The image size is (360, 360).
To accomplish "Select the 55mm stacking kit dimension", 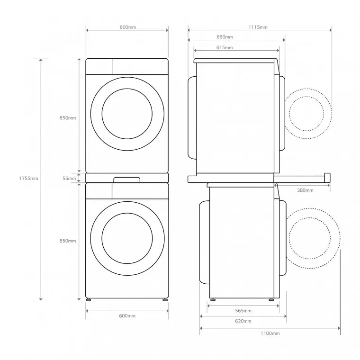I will [69, 178].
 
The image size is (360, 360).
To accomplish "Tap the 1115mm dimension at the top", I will [258, 27].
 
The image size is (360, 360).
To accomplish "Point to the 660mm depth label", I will [225, 37].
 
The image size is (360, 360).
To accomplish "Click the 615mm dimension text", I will [225, 47].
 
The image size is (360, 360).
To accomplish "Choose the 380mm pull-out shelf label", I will [305, 190].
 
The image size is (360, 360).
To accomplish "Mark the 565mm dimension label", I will [243, 311].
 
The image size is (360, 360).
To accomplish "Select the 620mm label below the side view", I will [243, 321].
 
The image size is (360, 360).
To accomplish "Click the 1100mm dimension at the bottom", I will [270, 333].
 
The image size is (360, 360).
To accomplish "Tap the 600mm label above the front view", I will [127, 27].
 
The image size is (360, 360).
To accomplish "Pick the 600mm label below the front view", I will [127, 315].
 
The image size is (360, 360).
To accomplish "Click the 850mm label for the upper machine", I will [68, 117].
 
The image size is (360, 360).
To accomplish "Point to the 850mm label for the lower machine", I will [68, 241].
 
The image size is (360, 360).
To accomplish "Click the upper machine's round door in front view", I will [127, 114].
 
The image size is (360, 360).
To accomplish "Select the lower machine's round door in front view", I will [127, 238].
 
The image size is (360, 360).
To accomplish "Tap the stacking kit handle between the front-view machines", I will [127, 179].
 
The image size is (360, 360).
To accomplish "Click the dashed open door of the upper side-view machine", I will [308, 114].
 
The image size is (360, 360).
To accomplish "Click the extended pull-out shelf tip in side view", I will [326, 177].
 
